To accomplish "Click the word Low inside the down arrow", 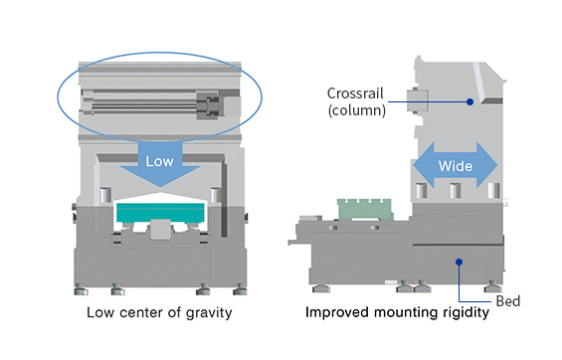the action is tap(159, 161).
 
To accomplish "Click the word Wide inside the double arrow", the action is tap(456, 166).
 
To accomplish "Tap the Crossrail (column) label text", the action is tap(356, 102).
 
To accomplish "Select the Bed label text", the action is tap(508, 301).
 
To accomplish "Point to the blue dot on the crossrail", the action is tap(469, 102).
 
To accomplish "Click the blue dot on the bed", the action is tap(460, 263).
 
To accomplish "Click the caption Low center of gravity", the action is tap(159, 312).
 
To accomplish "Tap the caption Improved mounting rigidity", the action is tap(397, 312).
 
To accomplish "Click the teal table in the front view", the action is tap(160, 213).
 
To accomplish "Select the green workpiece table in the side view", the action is tap(365, 209).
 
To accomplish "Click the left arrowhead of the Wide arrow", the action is tap(424, 165).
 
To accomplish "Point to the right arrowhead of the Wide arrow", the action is tap(487, 165).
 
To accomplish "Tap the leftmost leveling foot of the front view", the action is tap(81, 289).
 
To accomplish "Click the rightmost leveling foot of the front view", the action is tap(240, 289).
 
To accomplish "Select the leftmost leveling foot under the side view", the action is tap(321, 288).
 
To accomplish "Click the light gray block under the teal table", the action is tap(160, 230).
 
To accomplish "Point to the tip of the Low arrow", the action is tap(160, 187).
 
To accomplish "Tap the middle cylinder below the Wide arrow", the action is tap(456, 190).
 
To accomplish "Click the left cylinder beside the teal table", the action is tap(105, 195).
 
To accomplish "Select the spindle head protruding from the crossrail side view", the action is tap(417, 100).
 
